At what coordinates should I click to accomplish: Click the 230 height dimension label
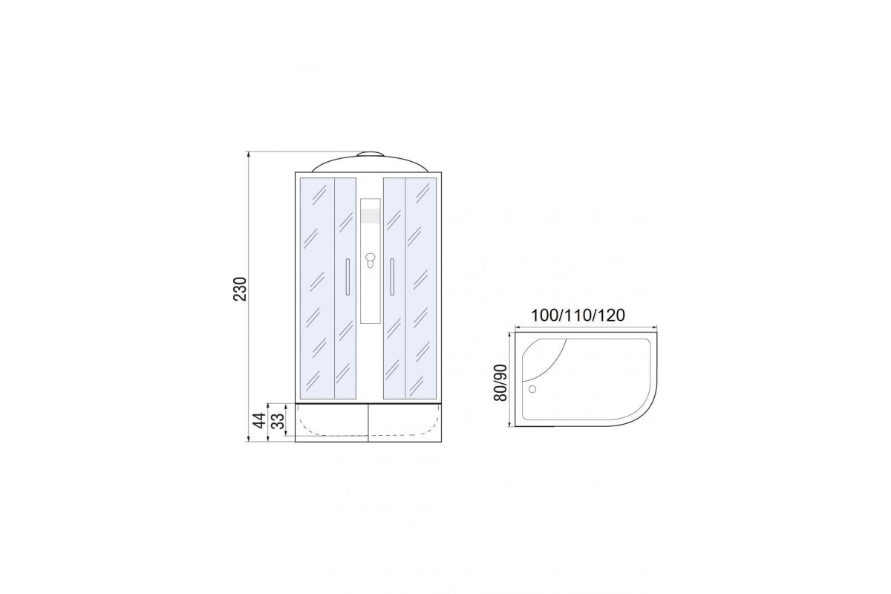pyautogui.click(x=241, y=289)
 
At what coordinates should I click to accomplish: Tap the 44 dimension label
pyautogui.click(x=260, y=420)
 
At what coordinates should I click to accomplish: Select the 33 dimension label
pyautogui.click(x=279, y=420)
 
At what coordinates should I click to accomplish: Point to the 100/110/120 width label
pyautogui.click(x=578, y=316)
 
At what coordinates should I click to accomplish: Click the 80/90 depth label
pyautogui.click(x=500, y=382)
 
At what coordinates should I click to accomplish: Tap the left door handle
pyautogui.click(x=347, y=276)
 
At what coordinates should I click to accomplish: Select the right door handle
pyautogui.click(x=392, y=276)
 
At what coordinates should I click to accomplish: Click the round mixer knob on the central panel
pyautogui.click(x=370, y=258)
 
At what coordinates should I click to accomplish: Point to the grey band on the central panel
pyautogui.click(x=370, y=216)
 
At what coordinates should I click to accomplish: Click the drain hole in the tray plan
pyautogui.click(x=532, y=389)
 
